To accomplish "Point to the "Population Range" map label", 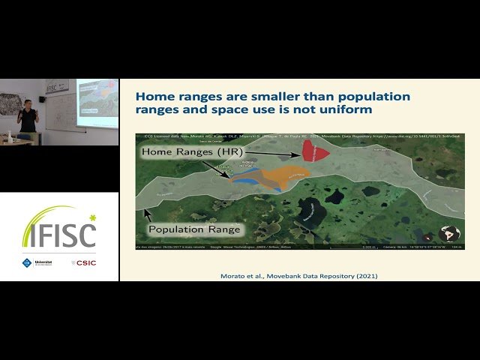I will coord(194,229).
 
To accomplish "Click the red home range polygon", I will coord(313,150).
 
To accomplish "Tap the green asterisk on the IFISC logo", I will coord(92,217).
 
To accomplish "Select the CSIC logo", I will coord(84,262).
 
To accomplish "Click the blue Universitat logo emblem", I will coord(27,262).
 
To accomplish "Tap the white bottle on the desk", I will coord(9,135).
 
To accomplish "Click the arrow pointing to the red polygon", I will coord(277,153).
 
